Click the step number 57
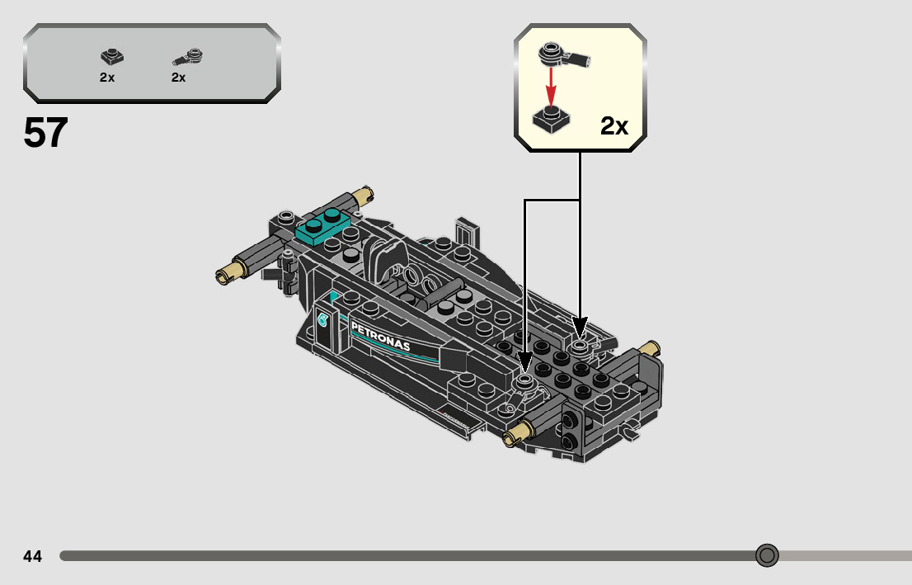pyautogui.click(x=45, y=132)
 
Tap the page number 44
pyautogui.click(x=33, y=556)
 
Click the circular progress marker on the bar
pyautogui.click(x=767, y=555)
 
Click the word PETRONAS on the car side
pyautogui.click(x=380, y=336)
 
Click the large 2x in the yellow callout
pyautogui.click(x=614, y=125)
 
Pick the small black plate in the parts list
pyautogui.click(x=111, y=56)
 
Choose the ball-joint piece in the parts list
pyautogui.click(x=188, y=56)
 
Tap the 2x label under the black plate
pyautogui.click(x=107, y=78)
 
